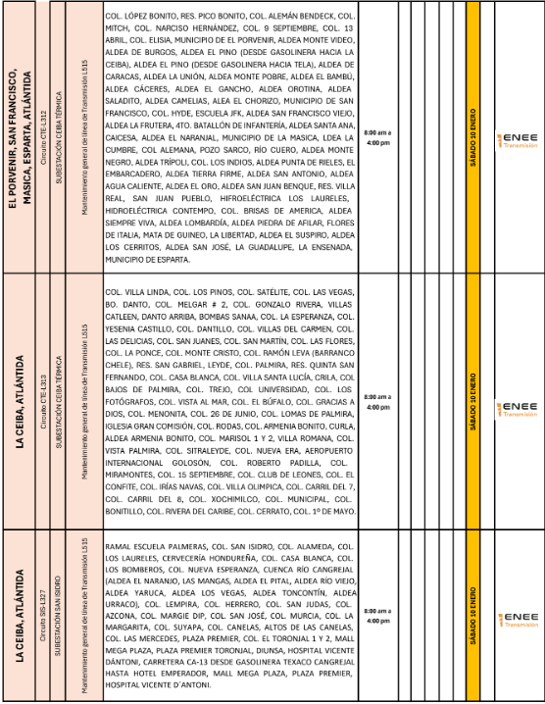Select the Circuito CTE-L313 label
coord(43,401)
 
